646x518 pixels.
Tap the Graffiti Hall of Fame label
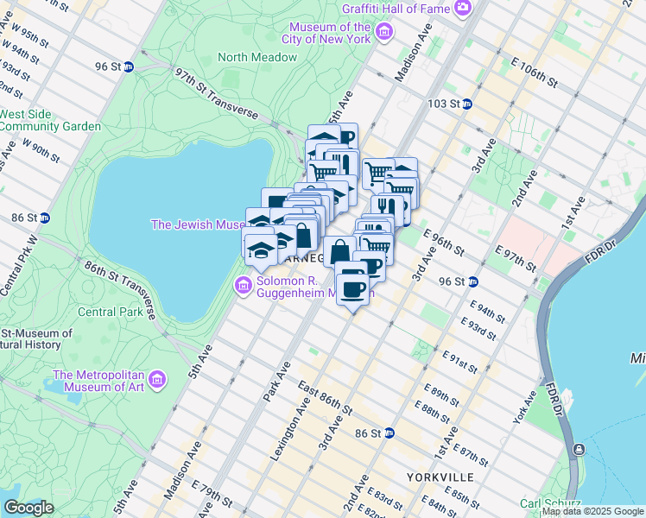(396, 8)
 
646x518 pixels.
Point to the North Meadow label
(257, 57)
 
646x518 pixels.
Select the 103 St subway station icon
(466, 104)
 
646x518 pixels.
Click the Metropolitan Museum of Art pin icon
(156, 378)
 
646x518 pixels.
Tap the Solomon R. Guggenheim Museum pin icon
(243, 285)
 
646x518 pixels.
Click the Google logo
(28, 508)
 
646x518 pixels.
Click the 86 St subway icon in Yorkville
(389, 433)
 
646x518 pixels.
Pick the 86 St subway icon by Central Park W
(44, 218)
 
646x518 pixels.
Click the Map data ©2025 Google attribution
(592, 511)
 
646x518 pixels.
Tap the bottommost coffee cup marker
(352, 288)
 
